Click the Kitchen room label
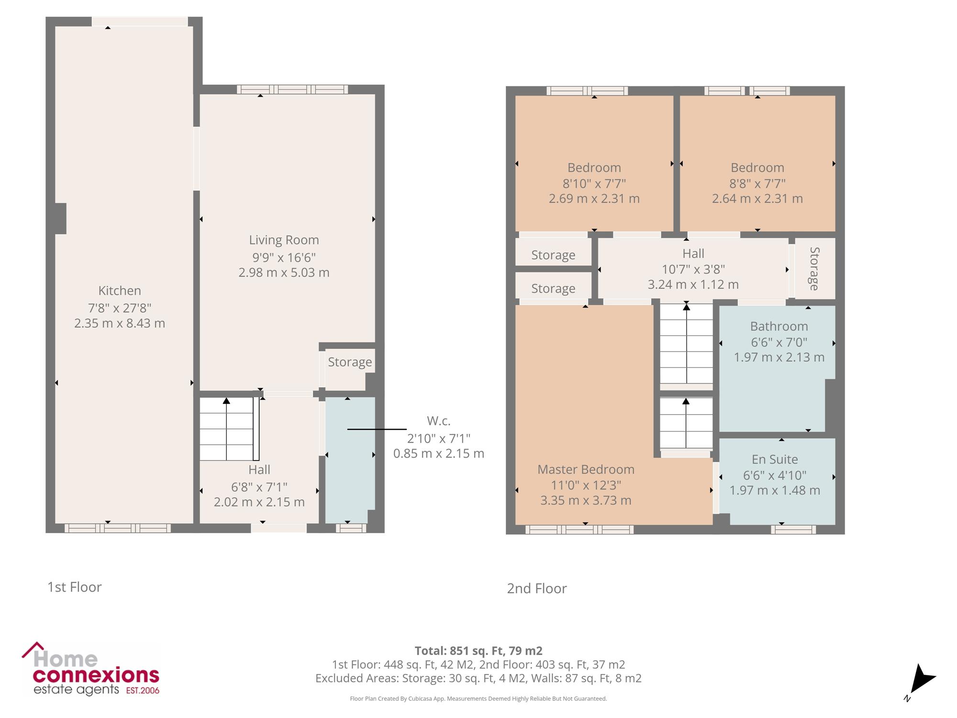tap(120, 291)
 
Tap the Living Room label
tap(284, 240)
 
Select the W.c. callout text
tap(439, 421)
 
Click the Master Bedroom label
tap(586, 470)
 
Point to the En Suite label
tap(775, 460)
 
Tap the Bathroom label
tap(779, 326)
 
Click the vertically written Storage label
tap(814, 269)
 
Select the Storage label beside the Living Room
tap(350, 362)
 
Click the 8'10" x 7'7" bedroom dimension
tap(594, 183)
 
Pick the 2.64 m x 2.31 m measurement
tap(757, 199)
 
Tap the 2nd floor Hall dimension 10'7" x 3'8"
tap(693, 269)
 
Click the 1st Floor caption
tap(75, 587)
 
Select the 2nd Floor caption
tap(537, 589)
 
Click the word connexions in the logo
tap(96, 675)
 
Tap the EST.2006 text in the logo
tap(143, 691)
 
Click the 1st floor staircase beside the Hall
tap(229, 429)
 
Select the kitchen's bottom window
tap(118, 528)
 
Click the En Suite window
tap(793, 529)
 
